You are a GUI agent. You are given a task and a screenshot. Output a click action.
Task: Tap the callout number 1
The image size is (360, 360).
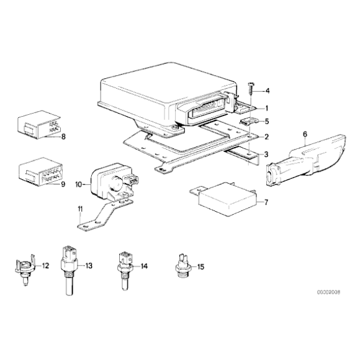266,108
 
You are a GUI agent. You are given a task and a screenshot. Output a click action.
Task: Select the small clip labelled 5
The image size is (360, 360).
249,121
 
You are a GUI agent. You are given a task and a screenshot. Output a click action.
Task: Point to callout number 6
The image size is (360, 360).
305,134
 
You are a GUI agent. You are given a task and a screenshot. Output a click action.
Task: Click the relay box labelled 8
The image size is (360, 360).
39,125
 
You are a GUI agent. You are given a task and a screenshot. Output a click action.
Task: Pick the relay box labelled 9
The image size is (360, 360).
40,171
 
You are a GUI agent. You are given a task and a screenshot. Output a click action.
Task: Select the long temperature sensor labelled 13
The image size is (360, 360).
70,270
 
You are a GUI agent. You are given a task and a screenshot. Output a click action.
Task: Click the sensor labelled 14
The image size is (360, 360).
125,271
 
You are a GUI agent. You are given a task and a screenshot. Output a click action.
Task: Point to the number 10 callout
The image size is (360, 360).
79,184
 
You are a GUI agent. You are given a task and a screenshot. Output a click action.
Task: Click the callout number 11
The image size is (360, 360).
80,209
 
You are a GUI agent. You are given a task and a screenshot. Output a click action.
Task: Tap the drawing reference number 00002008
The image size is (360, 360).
328,292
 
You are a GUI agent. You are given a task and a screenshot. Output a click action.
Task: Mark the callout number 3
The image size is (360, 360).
266,155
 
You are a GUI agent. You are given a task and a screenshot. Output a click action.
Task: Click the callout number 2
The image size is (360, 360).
266,137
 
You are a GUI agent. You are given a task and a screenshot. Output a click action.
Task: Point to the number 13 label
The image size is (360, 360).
89,266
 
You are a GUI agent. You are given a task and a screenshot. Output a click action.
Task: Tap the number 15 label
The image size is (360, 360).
200,267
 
